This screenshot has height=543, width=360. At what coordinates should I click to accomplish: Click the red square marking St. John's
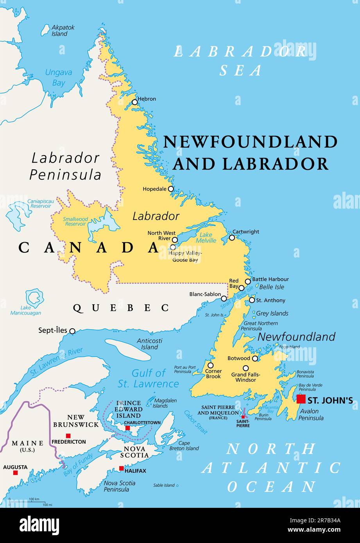pyautogui.click(x=301, y=399)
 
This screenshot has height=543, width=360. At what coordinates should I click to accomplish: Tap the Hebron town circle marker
pyautogui.click(x=135, y=102)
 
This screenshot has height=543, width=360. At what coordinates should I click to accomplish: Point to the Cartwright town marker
pyautogui.click(x=232, y=238)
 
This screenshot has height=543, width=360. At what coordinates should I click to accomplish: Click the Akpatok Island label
pyautogui.click(x=63, y=30)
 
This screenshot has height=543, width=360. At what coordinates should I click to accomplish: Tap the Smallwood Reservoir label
pyautogui.click(x=75, y=221)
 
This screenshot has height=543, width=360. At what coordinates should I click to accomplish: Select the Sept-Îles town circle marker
pyautogui.click(x=72, y=331)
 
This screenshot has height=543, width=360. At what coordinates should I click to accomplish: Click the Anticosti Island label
pyautogui.click(x=149, y=344)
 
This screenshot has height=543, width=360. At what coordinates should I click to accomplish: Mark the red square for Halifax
pyautogui.click(x=121, y=468)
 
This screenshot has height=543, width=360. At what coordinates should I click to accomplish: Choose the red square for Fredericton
pyautogui.click(x=68, y=436)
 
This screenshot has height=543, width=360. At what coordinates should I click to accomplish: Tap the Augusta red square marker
pyautogui.click(x=15, y=473)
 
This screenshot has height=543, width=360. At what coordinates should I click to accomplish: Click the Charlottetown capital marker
pyautogui.click(x=127, y=428)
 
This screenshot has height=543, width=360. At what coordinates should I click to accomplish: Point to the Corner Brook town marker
pyautogui.click(x=210, y=365)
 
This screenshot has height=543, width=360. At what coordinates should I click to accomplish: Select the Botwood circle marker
pyautogui.click(x=255, y=358)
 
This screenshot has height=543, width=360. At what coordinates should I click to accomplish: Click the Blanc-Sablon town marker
pyautogui.click(x=224, y=298)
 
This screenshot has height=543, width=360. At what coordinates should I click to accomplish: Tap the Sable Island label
pyautogui.click(x=164, y=485)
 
